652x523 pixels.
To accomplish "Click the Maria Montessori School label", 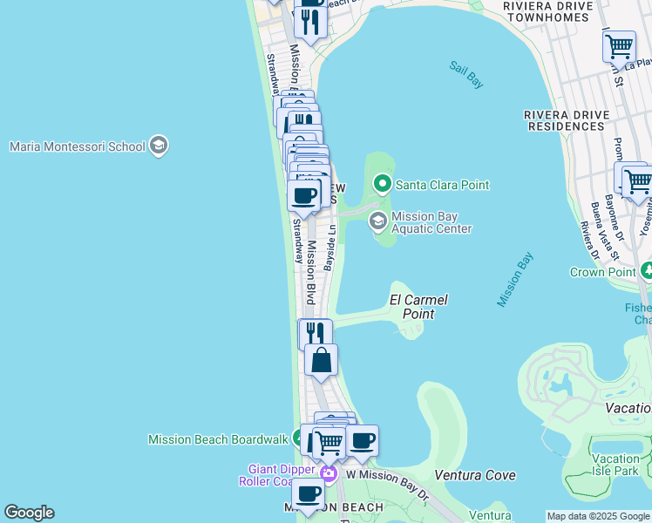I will coord(77,146).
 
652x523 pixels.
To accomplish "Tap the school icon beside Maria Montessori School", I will coord(159,145).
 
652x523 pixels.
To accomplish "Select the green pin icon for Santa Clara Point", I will coord(382,185).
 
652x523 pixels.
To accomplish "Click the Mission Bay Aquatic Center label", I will coord(431,223).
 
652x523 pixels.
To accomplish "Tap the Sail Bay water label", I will coord(465,73).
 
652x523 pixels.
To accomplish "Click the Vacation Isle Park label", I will coord(615,465).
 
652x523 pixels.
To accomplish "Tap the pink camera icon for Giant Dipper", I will coord(328,474).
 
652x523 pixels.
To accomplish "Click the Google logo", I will coord(29,513).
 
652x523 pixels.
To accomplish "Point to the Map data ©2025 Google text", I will coord(598,516).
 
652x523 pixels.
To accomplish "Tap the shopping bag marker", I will coord(321,359).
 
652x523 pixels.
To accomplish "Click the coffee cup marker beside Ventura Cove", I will coord(362,439).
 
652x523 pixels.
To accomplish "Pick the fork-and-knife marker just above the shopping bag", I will coord(315,333).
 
